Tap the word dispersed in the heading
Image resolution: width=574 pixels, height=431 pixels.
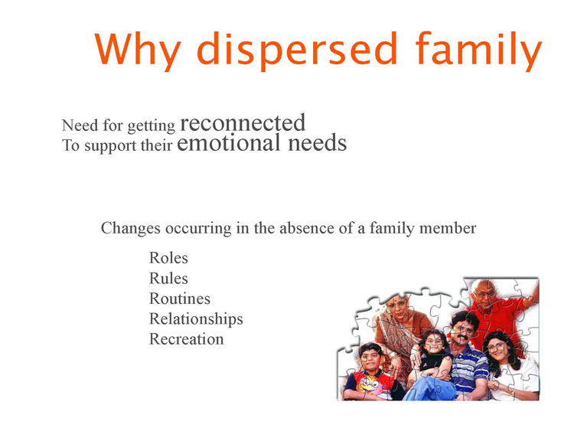pos(297,51)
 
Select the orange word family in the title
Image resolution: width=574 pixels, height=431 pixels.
pos(478,51)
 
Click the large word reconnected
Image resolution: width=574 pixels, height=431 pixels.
pos(243,122)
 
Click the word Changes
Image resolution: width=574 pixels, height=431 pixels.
pos(131,228)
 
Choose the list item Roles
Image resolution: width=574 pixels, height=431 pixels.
pos(168,258)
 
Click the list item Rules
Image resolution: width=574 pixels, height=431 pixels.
pos(168,279)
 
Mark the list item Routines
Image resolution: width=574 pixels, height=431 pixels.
pos(180,299)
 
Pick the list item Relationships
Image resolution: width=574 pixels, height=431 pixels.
pos(196,319)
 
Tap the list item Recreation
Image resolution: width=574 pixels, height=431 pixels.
pos(186,339)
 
